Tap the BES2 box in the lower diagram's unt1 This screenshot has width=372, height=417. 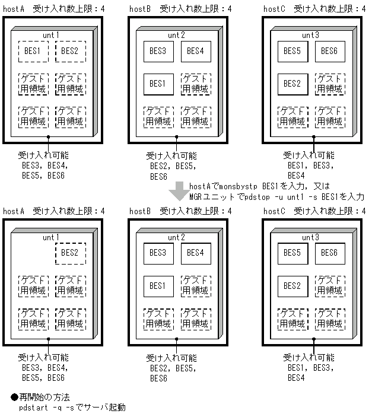click(x=71, y=253)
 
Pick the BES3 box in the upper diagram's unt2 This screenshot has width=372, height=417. click(x=158, y=52)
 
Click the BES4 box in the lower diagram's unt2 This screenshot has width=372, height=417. click(x=195, y=253)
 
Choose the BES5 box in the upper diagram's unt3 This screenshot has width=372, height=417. click(x=292, y=52)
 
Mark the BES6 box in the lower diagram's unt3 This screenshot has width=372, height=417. click(x=329, y=253)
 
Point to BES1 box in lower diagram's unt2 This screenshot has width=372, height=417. click(x=158, y=286)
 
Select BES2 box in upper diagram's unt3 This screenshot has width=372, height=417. click(x=292, y=84)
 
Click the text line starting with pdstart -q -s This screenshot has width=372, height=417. click(x=72, y=408)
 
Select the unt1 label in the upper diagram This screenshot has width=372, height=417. click(x=52, y=35)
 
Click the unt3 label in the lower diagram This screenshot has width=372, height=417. click(x=310, y=237)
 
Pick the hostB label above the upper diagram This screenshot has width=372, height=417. click(x=140, y=9)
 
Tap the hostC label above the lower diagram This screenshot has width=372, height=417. click(x=274, y=211)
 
